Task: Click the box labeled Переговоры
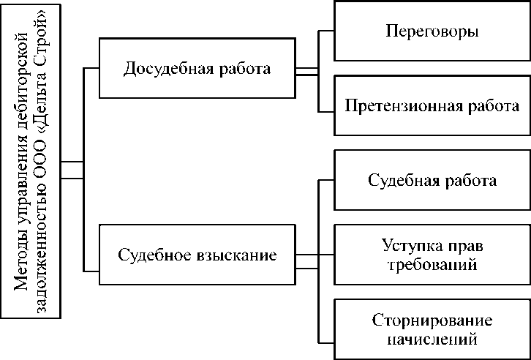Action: tap(432, 32)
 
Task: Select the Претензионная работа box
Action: tap(432, 105)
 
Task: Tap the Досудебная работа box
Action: tap(197, 70)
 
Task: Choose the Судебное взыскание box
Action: tap(197, 256)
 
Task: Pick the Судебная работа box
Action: tap(432, 180)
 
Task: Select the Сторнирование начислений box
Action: tap(432, 330)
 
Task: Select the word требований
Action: tap(432, 265)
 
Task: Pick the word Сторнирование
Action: tap(432, 320)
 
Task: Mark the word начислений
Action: tap(432, 340)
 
